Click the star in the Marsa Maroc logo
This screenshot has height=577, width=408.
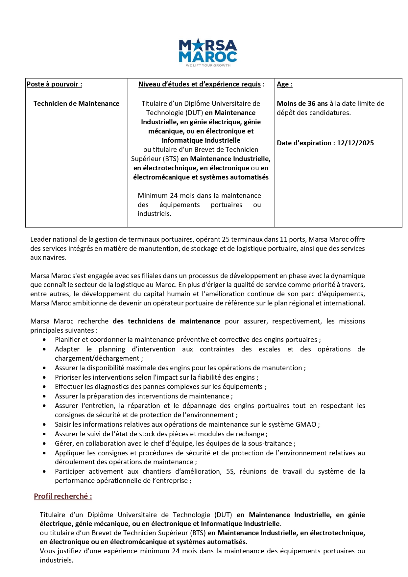point(198,44)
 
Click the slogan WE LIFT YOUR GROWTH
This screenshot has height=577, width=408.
point(208,65)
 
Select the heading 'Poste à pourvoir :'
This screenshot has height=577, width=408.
point(54,84)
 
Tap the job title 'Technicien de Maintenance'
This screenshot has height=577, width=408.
point(76,104)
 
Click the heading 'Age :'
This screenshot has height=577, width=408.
point(284,84)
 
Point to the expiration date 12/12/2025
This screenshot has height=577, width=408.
point(355,143)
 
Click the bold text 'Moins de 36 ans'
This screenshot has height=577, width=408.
point(302,104)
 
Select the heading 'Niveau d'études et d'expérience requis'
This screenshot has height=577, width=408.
point(200,84)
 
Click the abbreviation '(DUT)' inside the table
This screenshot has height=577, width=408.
point(194,113)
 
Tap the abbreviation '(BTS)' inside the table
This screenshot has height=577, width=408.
point(171,159)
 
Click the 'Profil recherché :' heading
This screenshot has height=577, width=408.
point(63,496)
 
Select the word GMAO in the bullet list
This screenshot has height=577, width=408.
point(306,424)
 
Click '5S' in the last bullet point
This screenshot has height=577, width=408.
point(230,471)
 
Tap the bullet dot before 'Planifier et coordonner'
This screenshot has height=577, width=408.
point(44,340)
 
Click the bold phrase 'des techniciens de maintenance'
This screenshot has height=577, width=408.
point(166,321)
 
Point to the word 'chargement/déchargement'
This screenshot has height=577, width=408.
point(97,358)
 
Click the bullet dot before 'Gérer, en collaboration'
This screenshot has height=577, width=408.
point(44,444)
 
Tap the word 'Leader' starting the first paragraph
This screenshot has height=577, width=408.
point(40,239)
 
